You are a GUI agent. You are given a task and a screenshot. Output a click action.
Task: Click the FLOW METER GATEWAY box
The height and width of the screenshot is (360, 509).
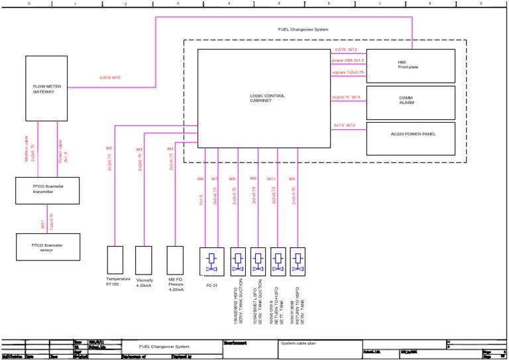(48, 88)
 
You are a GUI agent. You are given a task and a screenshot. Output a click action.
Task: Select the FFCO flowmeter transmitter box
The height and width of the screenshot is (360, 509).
(47, 190)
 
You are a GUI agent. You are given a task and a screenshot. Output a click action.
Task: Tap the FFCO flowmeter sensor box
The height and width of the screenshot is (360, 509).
(48, 246)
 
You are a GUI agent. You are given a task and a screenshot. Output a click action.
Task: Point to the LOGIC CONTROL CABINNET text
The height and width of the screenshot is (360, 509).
(267, 98)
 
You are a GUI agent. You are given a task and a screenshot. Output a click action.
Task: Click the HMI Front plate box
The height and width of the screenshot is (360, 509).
(411, 65)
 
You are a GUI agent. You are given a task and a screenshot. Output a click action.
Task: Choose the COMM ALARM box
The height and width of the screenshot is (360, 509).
(411, 101)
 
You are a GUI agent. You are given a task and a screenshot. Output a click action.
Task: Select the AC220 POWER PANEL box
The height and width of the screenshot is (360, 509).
(411, 135)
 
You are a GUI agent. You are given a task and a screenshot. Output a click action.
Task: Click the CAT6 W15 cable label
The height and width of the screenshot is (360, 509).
(110, 78)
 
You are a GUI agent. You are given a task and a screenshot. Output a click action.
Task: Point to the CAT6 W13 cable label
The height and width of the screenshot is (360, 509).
(346, 50)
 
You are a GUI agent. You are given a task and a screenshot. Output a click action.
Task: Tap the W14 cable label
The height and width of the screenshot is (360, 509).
(356, 97)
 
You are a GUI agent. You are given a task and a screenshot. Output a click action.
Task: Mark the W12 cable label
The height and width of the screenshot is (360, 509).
(351, 125)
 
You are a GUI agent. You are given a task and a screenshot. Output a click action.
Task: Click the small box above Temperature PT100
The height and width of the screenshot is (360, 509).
(115, 259)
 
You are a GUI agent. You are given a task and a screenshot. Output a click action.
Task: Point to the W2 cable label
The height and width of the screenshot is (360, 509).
(109, 148)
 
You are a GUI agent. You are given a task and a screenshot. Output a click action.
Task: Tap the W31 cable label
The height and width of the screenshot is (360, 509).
(43, 224)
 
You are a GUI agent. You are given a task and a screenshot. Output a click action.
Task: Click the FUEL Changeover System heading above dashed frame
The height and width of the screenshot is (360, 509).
(303, 30)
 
